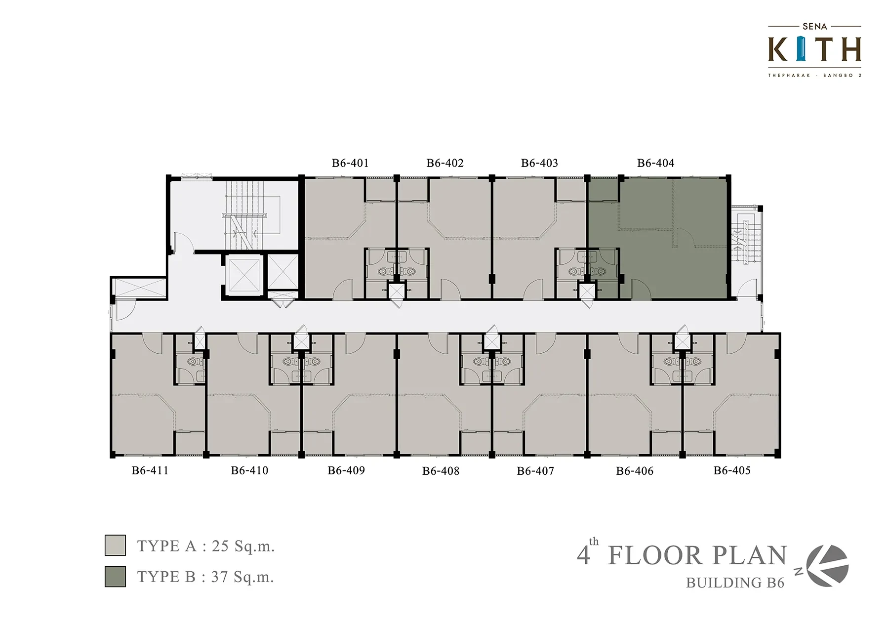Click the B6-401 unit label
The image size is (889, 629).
tap(350, 163)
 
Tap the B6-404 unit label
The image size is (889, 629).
tap(655, 163)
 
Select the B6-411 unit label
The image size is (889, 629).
tap(150, 470)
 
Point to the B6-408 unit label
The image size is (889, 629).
tap(441, 471)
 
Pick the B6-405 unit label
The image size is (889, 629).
tap(732, 470)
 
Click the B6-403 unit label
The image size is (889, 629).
tap(539, 163)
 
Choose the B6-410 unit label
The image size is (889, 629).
tap(249, 470)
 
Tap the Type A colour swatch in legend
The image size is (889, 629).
tap(115, 545)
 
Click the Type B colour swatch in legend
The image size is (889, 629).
tap(115, 576)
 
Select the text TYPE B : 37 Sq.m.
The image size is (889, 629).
tap(205, 577)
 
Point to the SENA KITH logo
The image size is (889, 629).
tap(814, 50)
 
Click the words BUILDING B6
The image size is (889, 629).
tap(735, 583)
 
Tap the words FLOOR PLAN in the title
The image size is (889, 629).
tap(697, 555)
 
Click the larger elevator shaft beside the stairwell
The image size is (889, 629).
tap(242, 275)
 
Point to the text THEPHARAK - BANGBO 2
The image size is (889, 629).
tap(814, 76)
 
